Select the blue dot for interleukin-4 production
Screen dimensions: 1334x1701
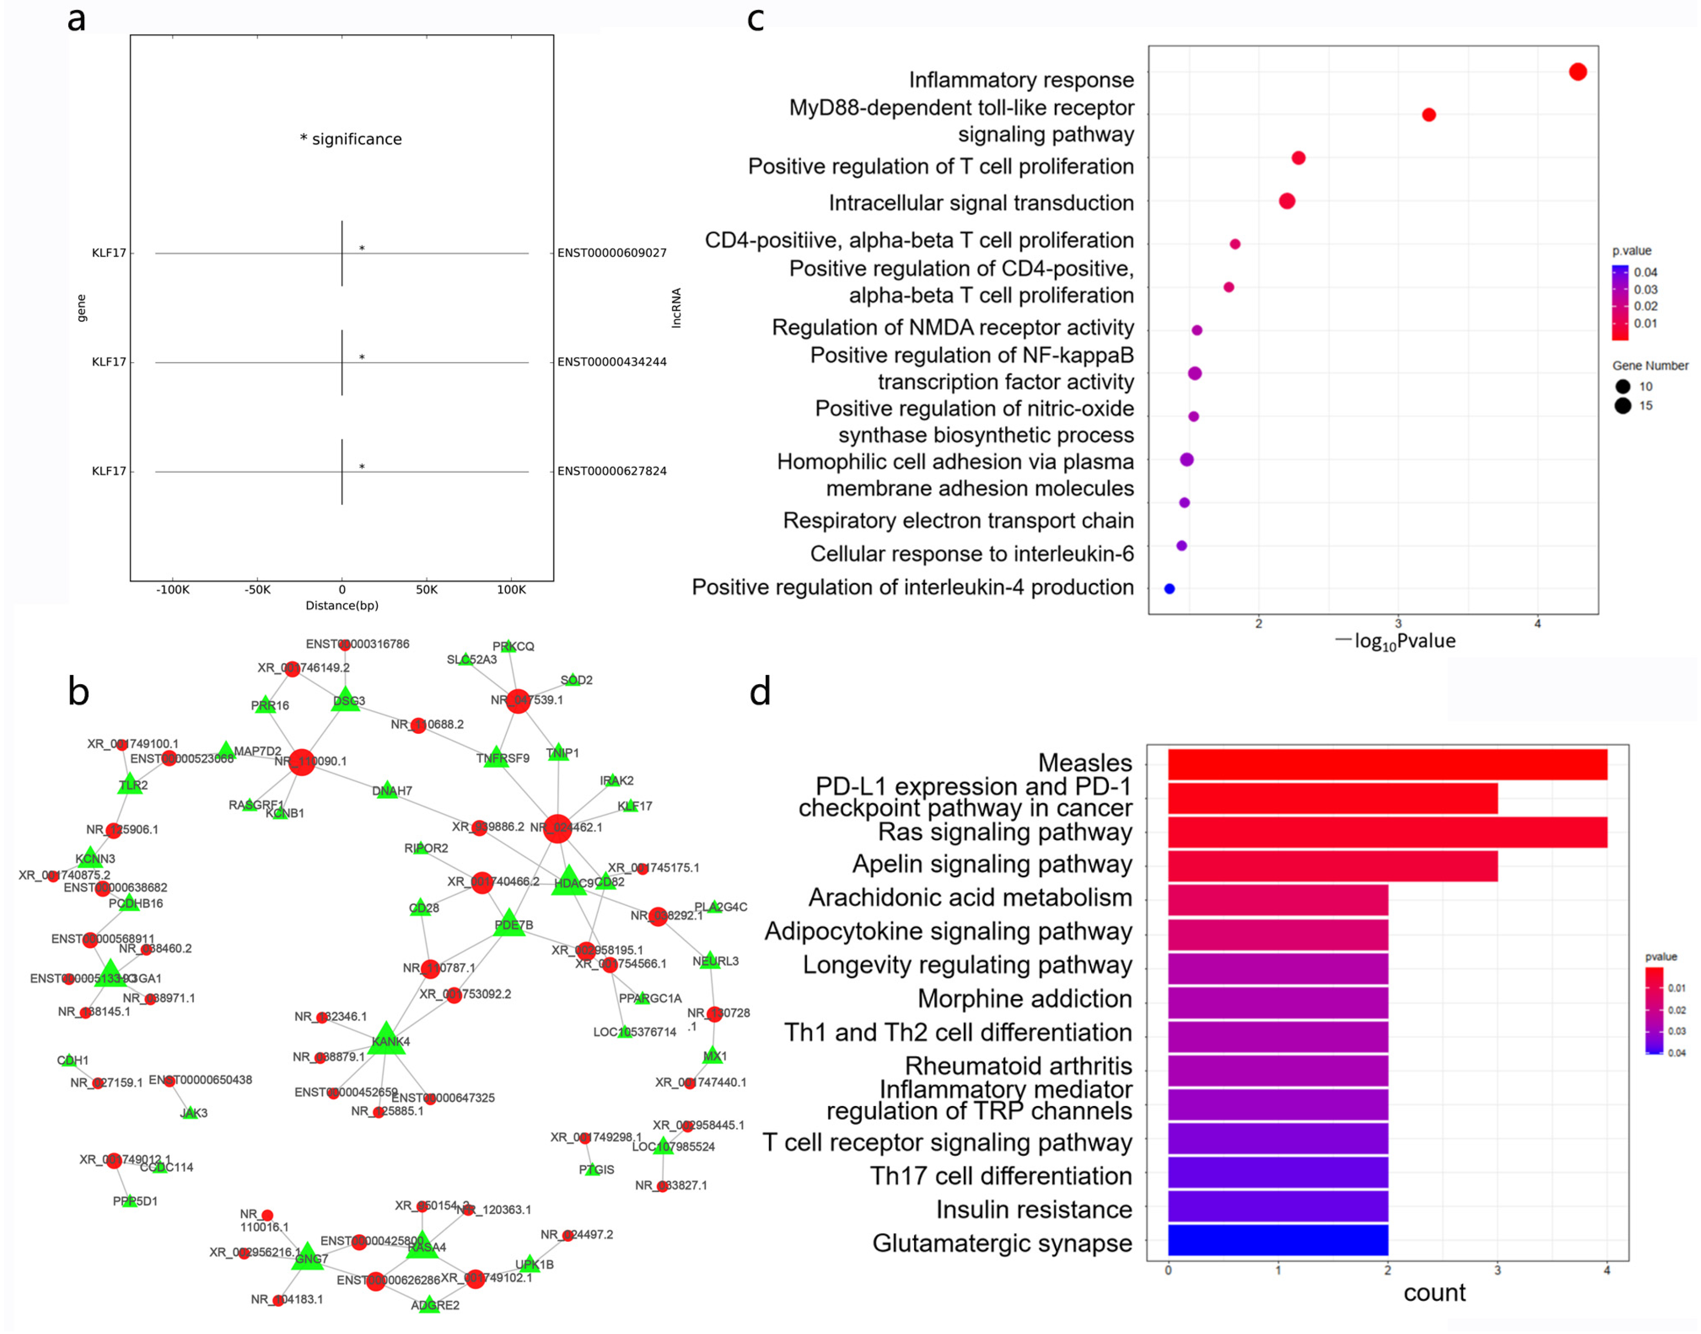(x=1169, y=589)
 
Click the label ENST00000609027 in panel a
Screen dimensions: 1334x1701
(x=612, y=253)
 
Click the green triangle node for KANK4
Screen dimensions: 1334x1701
(x=387, y=1039)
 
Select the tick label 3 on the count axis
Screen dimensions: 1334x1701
(x=1497, y=1271)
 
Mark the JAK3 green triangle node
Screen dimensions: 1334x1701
(x=190, y=1112)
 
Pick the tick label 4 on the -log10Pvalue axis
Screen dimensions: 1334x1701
(x=1537, y=624)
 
